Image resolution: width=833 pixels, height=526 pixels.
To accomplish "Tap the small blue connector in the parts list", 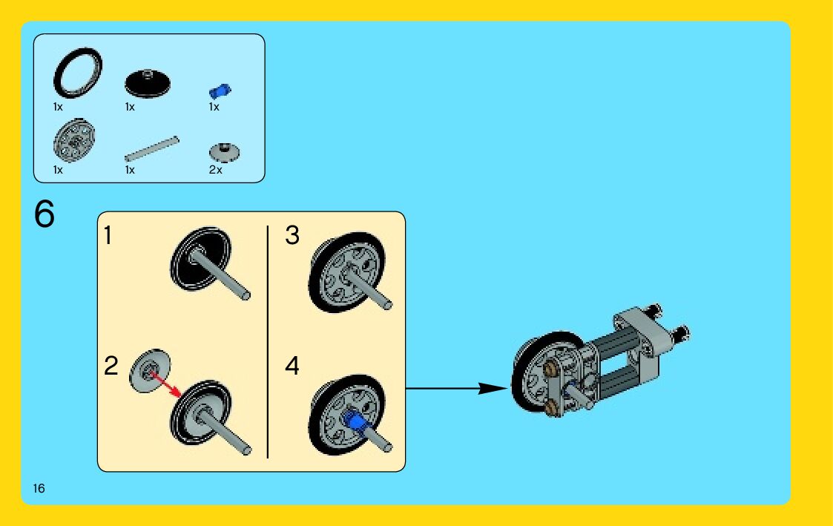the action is [220, 91].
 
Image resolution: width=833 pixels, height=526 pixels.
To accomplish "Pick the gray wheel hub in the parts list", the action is [75, 139].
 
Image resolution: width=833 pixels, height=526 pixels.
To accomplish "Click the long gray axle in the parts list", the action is [152, 148].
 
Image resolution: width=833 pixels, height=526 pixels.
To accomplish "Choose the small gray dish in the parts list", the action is [224, 152].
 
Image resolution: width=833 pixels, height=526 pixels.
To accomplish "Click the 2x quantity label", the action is [215, 170].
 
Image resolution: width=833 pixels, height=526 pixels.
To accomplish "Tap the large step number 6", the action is [45, 214].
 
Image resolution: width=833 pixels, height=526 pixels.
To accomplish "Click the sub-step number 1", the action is [108, 236].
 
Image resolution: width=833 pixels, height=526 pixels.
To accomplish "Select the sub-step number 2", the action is [111, 366].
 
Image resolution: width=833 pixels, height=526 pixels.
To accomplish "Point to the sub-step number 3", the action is [292, 236].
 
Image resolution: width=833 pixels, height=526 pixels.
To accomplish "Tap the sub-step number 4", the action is [292, 366].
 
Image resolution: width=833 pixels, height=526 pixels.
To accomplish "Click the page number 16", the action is [39, 488].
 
